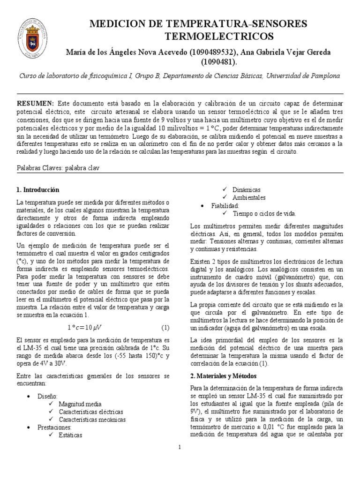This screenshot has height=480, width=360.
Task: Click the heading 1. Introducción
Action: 38,190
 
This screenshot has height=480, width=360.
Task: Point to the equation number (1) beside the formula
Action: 165,327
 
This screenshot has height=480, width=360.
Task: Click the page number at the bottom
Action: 180,447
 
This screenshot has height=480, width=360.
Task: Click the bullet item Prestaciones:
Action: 54,427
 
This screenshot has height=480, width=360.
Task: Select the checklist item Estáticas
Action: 70,435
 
